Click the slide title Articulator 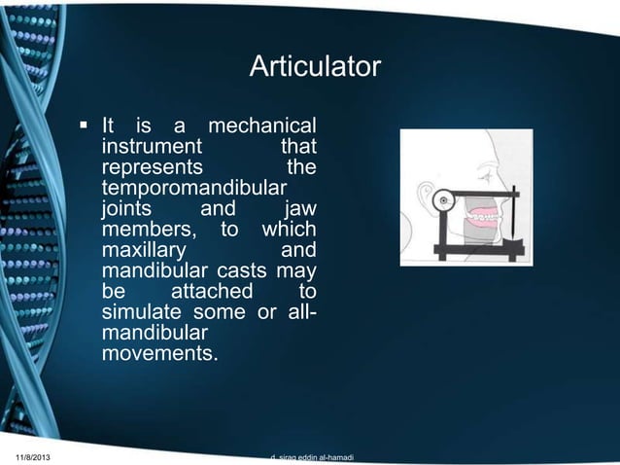(315, 68)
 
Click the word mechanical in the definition (262, 126)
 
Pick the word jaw (297, 209)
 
